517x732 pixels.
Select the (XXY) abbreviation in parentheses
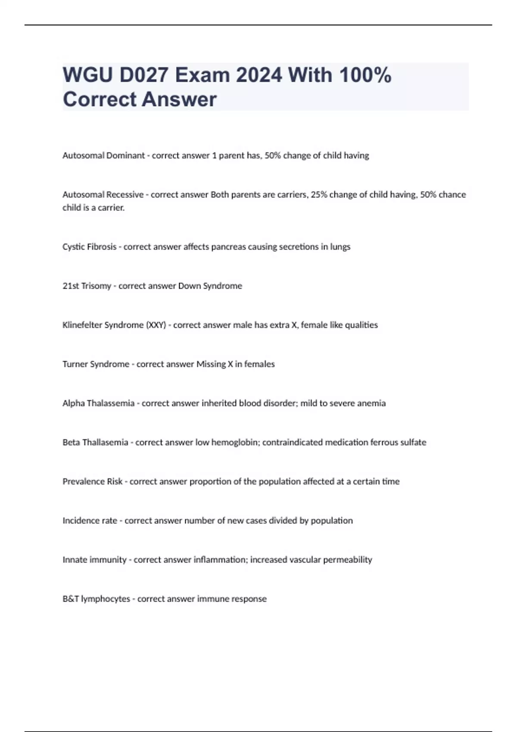pyautogui.click(x=156, y=325)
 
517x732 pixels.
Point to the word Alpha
pyautogui.click(x=74, y=403)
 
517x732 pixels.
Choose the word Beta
pyautogui.click(x=71, y=442)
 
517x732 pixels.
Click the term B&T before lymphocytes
pyautogui.click(x=71, y=599)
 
